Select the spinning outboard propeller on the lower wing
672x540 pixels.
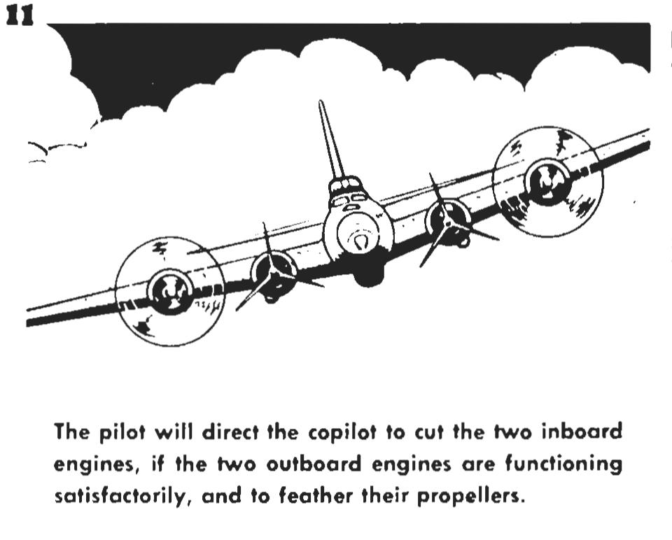click(170, 290)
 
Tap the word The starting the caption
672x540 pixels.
click(71, 432)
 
